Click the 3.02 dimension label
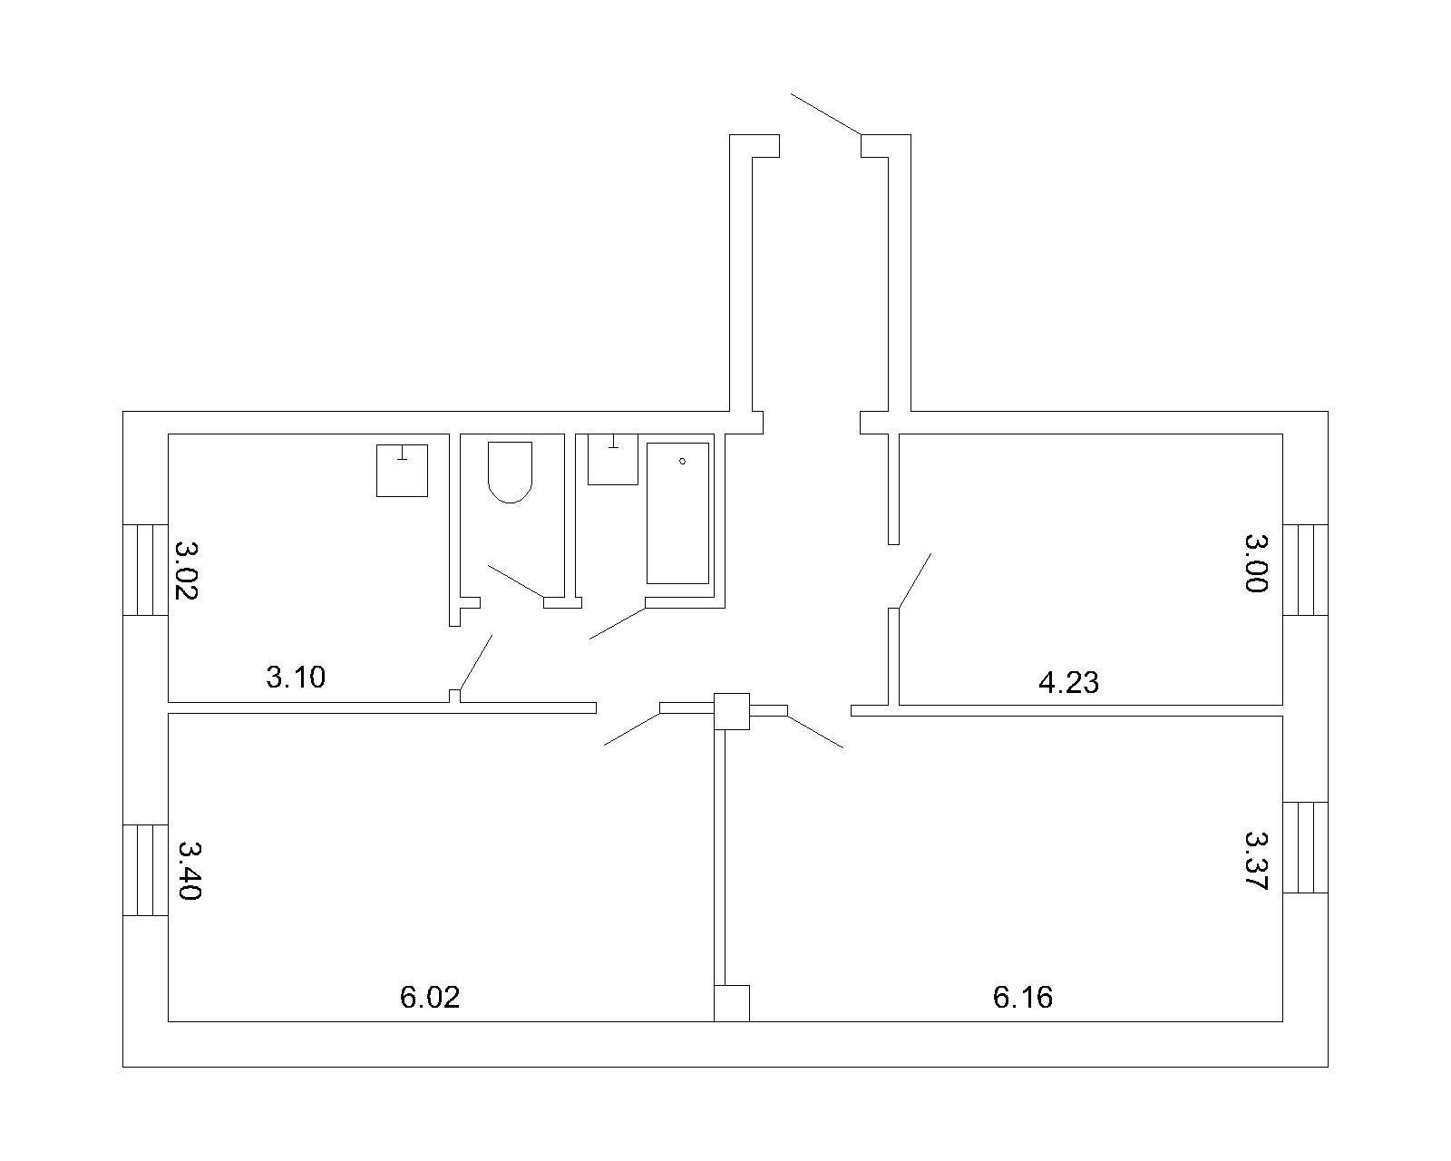[185, 570]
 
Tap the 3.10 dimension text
[296, 677]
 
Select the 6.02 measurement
[430, 997]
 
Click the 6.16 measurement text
[1022, 997]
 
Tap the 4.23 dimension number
[1068, 683]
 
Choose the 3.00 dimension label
[1256, 562]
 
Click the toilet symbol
[510, 473]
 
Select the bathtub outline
[677, 512]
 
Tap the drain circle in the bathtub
[682, 462]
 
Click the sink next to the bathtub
[613, 459]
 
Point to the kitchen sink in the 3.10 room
[402, 470]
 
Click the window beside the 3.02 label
[145, 570]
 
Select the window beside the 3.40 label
[145, 870]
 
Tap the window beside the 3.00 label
[1305, 570]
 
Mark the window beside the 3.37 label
[1305, 847]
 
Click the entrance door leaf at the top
[826, 114]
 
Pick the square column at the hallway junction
[732, 711]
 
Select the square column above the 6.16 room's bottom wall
[732, 1003]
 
